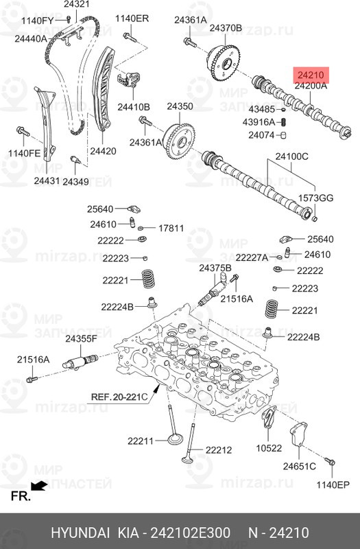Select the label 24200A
tap(311, 86)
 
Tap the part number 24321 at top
tap(76, 5)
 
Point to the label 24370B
tap(226, 28)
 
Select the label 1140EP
tap(333, 485)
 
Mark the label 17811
tap(171, 229)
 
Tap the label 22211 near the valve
tap(141, 441)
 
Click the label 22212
tap(218, 450)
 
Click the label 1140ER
tap(132, 18)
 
